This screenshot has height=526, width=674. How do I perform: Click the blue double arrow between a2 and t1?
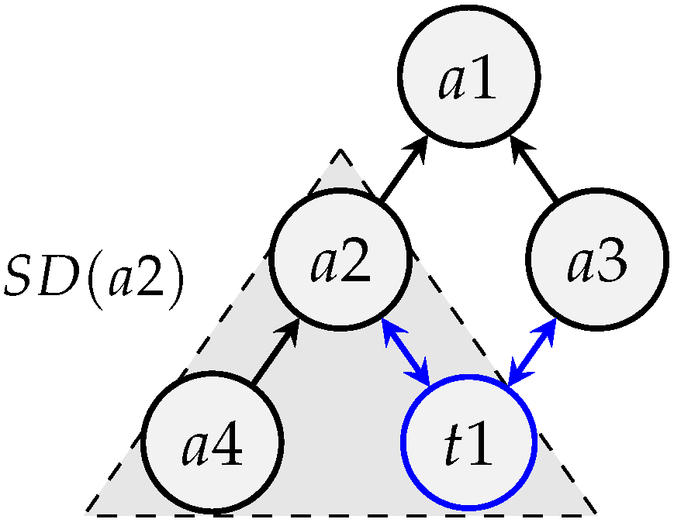click(x=406, y=352)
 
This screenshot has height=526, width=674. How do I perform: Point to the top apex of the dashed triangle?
click(x=340, y=150)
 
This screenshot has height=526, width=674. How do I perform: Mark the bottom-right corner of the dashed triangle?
click(x=596, y=513)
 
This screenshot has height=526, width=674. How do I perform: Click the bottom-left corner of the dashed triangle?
click(x=86, y=513)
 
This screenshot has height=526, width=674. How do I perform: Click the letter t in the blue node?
click(x=451, y=448)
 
